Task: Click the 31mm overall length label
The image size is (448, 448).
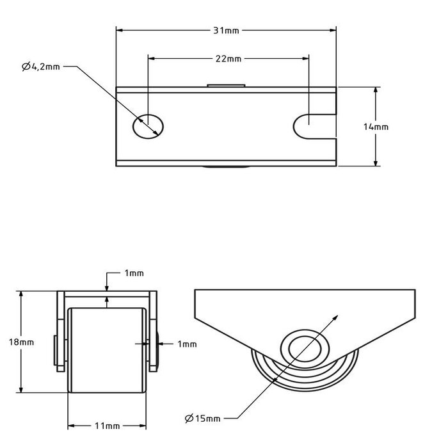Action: [x=226, y=29]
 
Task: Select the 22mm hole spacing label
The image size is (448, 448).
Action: [x=228, y=58]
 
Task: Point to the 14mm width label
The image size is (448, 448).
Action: [x=376, y=127]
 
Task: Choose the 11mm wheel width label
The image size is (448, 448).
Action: [x=106, y=426]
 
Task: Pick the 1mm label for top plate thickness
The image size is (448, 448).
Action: [x=134, y=273]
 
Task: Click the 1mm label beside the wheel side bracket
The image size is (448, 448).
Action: [x=187, y=344]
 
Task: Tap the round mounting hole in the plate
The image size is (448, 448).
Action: [x=148, y=125]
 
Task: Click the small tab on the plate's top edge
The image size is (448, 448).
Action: [x=226, y=84]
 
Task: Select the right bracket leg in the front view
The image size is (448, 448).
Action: [x=153, y=333]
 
